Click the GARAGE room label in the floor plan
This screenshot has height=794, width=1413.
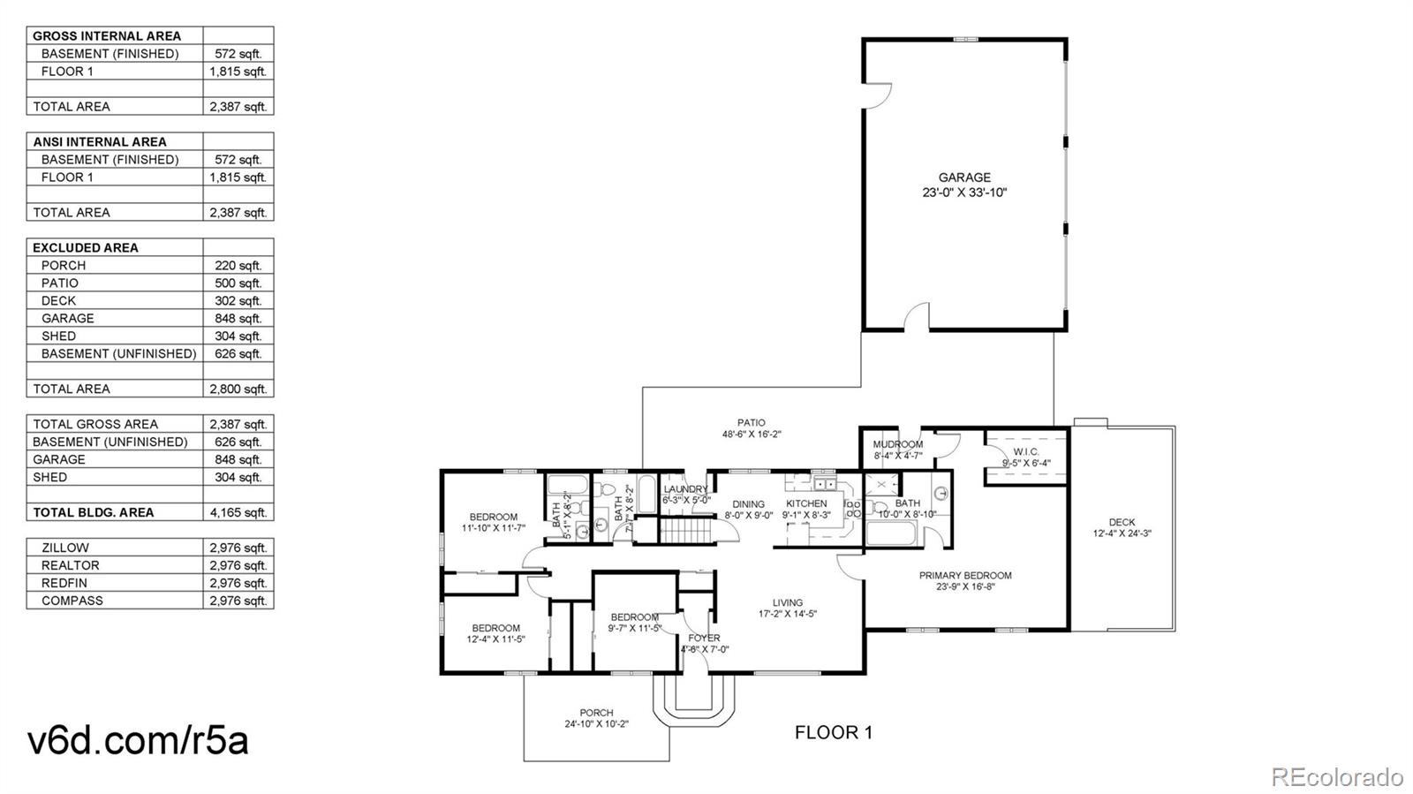pyautogui.click(x=964, y=178)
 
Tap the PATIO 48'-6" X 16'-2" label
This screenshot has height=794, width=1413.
pyautogui.click(x=752, y=428)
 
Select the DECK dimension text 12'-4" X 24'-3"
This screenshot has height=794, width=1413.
pyautogui.click(x=1122, y=533)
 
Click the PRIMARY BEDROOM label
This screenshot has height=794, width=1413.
pyautogui.click(x=965, y=575)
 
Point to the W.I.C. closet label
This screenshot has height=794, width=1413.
pyautogui.click(x=1025, y=452)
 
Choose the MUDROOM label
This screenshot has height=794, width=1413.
pyautogui.click(x=897, y=444)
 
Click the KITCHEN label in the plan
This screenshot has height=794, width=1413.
pyautogui.click(x=806, y=503)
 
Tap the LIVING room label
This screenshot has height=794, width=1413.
pyautogui.click(x=788, y=603)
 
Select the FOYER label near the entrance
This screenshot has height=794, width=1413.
pyautogui.click(x=704, y=638)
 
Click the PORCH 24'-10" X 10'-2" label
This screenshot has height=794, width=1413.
pyautogui.click(x=596, y=718)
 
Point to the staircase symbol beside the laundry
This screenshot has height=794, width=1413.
pyautogui.click(x=686, y=532)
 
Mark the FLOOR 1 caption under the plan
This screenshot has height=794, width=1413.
pyautogui.click(x=833, y=732)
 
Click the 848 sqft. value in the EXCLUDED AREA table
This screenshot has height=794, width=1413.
pyautogui.click(x=238, y=318)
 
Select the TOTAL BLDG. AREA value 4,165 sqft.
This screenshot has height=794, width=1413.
pyautogui.click(x=238, y=512)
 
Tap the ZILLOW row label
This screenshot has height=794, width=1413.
pyautogui.click(x=64, y=548)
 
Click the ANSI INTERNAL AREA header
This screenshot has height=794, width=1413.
pyautogui.click(x=100, y=141)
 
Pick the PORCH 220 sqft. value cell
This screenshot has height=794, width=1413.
pyautogui.click(x=238, y=265)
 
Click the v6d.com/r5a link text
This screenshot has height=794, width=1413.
pyautogui.click(x=139, y=740)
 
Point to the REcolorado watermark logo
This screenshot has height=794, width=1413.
pyautogui.click(x=1336, y=777)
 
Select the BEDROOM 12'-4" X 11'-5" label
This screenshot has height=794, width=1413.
pyautogui.click(x=495, y=633)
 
